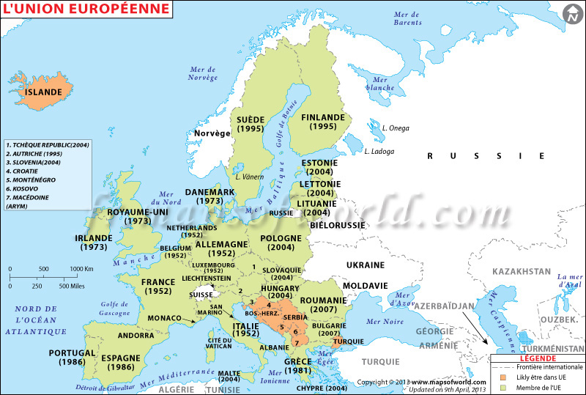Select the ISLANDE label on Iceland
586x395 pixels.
coord(44,93)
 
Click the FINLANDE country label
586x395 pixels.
coord(322,117)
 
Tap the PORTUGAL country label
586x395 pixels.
coord(72,352)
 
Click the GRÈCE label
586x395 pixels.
coord(298,361)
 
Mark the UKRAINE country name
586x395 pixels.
coord(365,265)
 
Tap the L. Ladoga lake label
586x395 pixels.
coord(379,152)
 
